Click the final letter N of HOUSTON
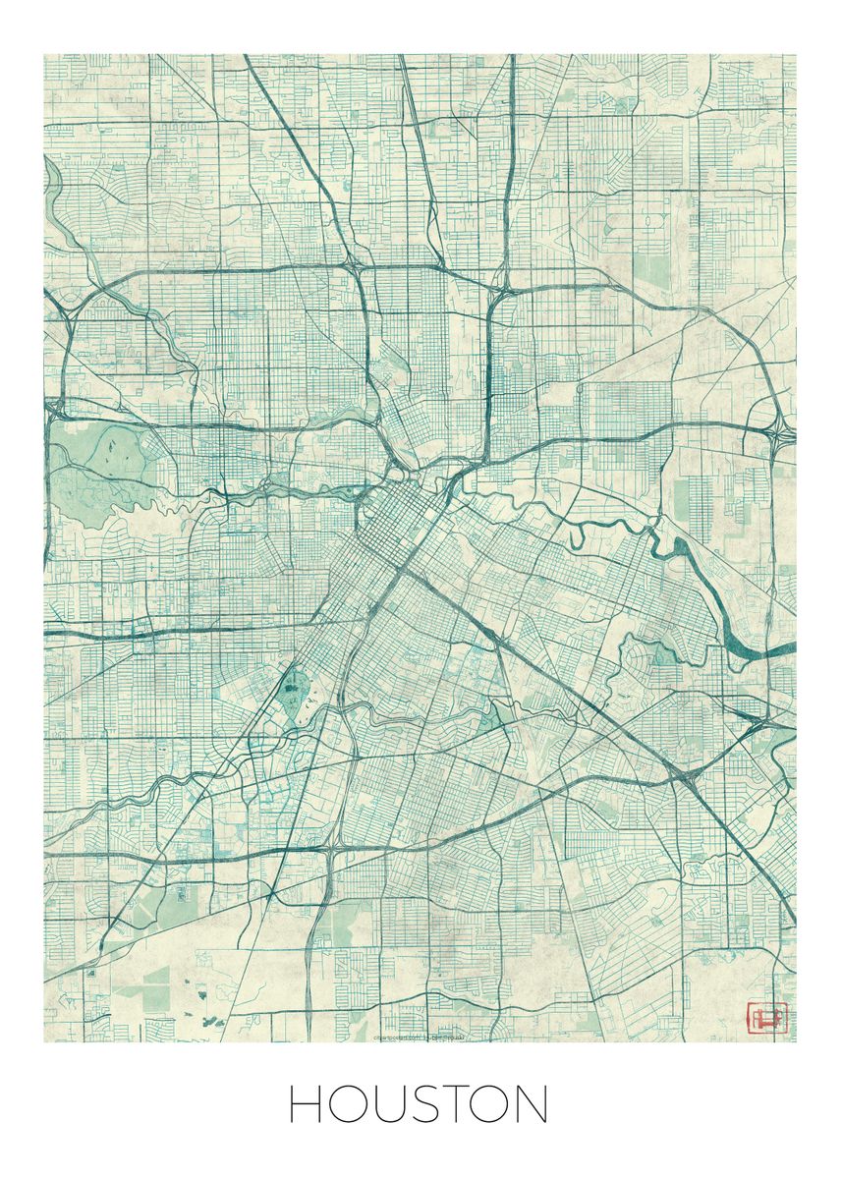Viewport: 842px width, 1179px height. (x=531, y=1104)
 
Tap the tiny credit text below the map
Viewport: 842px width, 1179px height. (x=421, y=1037)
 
